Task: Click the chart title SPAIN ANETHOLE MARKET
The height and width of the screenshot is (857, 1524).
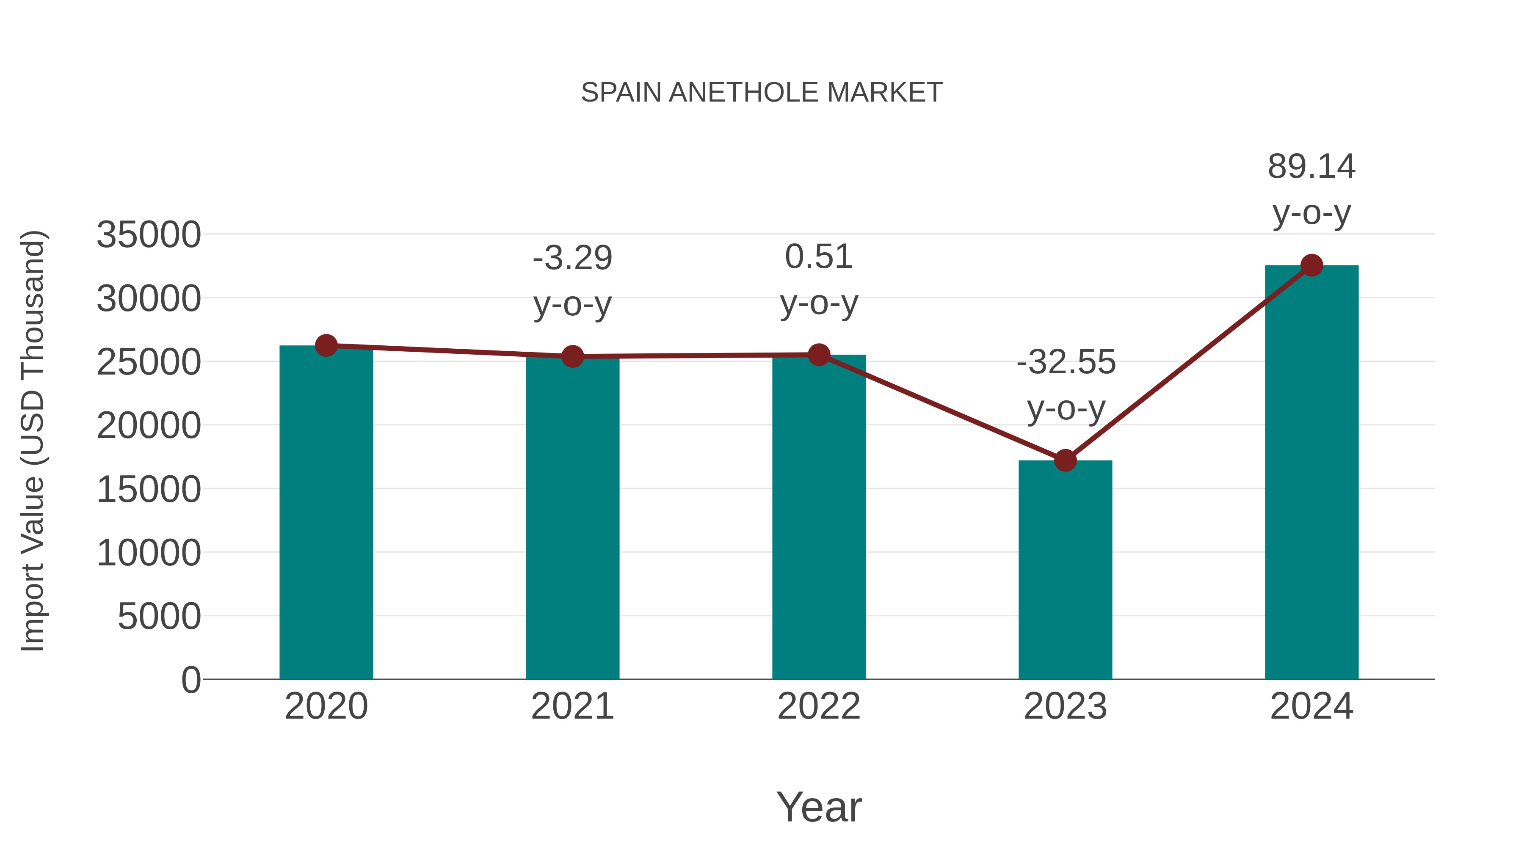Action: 762,92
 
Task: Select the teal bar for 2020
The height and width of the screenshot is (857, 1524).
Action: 326,512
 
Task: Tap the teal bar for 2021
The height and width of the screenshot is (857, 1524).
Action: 572,518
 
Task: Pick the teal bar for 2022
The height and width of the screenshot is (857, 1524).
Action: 819,517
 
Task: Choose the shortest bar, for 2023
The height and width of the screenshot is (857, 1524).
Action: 1065,570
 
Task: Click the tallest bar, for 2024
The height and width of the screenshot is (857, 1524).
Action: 1311,472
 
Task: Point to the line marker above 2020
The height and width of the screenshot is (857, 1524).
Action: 326,345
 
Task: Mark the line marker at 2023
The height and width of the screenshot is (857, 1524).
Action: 1065,460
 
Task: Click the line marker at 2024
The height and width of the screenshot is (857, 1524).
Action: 1311,265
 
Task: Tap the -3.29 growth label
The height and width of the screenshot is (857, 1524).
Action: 572,259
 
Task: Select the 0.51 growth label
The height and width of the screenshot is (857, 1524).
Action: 819,257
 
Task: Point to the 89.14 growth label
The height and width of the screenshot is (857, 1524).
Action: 1311,167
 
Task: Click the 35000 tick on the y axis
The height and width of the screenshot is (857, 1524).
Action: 149,235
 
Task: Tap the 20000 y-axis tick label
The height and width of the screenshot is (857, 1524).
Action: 149,425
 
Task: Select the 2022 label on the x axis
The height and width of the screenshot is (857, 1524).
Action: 819,706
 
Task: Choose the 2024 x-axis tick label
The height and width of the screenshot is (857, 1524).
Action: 1311,706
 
